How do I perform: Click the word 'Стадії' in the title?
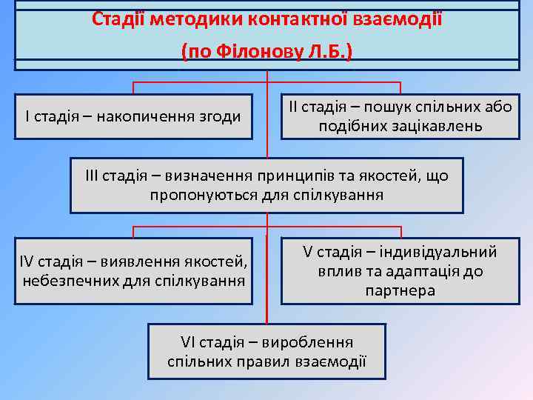pos(118,19)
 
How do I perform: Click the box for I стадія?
pos(133,116)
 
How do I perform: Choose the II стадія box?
pos(400,116)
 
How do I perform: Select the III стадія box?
pos(266,185)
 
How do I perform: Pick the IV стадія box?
pos(133,270)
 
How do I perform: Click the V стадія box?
pos(400,270)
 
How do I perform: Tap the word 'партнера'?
pos(400,290)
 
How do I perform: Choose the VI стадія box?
pos(266,352)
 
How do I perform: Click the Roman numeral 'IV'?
pos(27,261)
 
